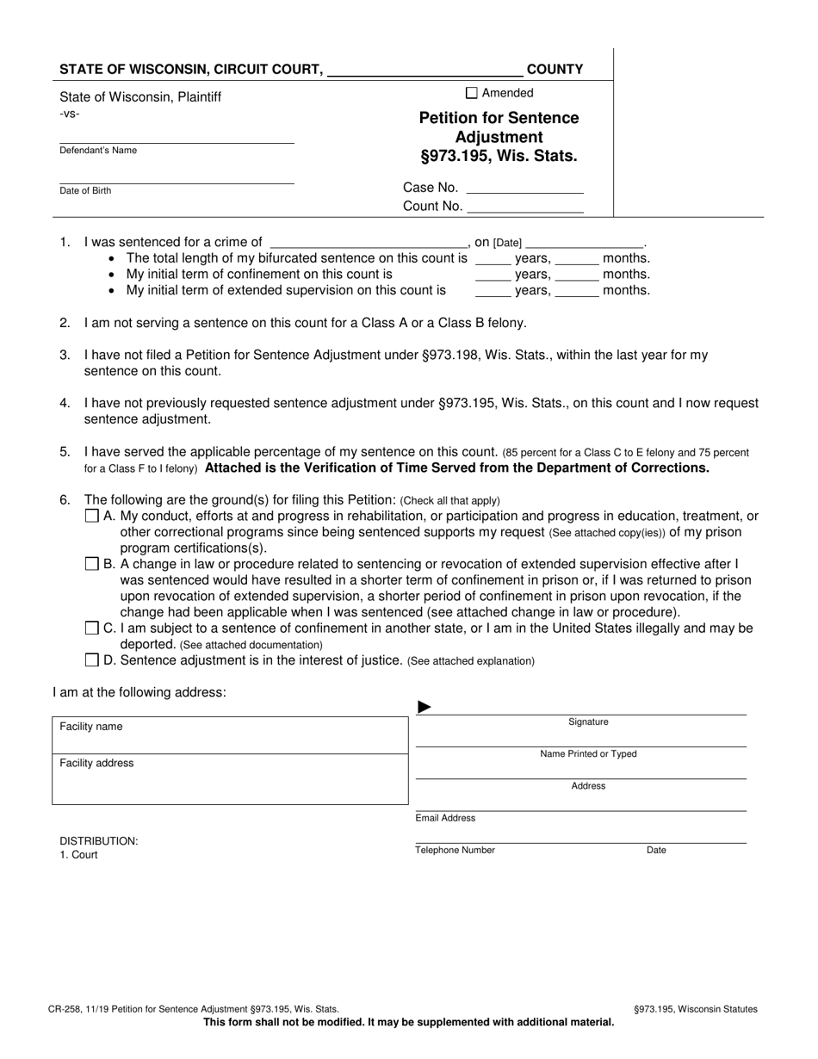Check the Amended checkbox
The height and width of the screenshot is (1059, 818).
point(471,93)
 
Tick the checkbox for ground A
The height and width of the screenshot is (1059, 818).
point(92,517)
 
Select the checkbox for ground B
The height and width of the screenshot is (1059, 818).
point(92,564)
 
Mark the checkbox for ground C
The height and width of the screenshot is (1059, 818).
point(92,629)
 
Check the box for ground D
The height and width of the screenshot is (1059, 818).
point(92,660)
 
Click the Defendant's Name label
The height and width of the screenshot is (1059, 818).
point(97,151)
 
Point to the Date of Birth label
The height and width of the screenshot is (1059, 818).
point(84,190)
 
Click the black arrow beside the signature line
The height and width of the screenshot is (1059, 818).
point(424,708)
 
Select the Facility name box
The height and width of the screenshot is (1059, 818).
point(230,735)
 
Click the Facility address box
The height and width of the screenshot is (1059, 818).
point(230,779)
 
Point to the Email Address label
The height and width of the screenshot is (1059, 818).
point(445,818)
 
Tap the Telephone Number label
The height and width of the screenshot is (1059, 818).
point(455,850)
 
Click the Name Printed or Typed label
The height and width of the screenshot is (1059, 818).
point(588,754)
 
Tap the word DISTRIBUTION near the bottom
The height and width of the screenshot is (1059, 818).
point(98,841)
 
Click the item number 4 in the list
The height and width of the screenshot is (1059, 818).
point(65,403)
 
